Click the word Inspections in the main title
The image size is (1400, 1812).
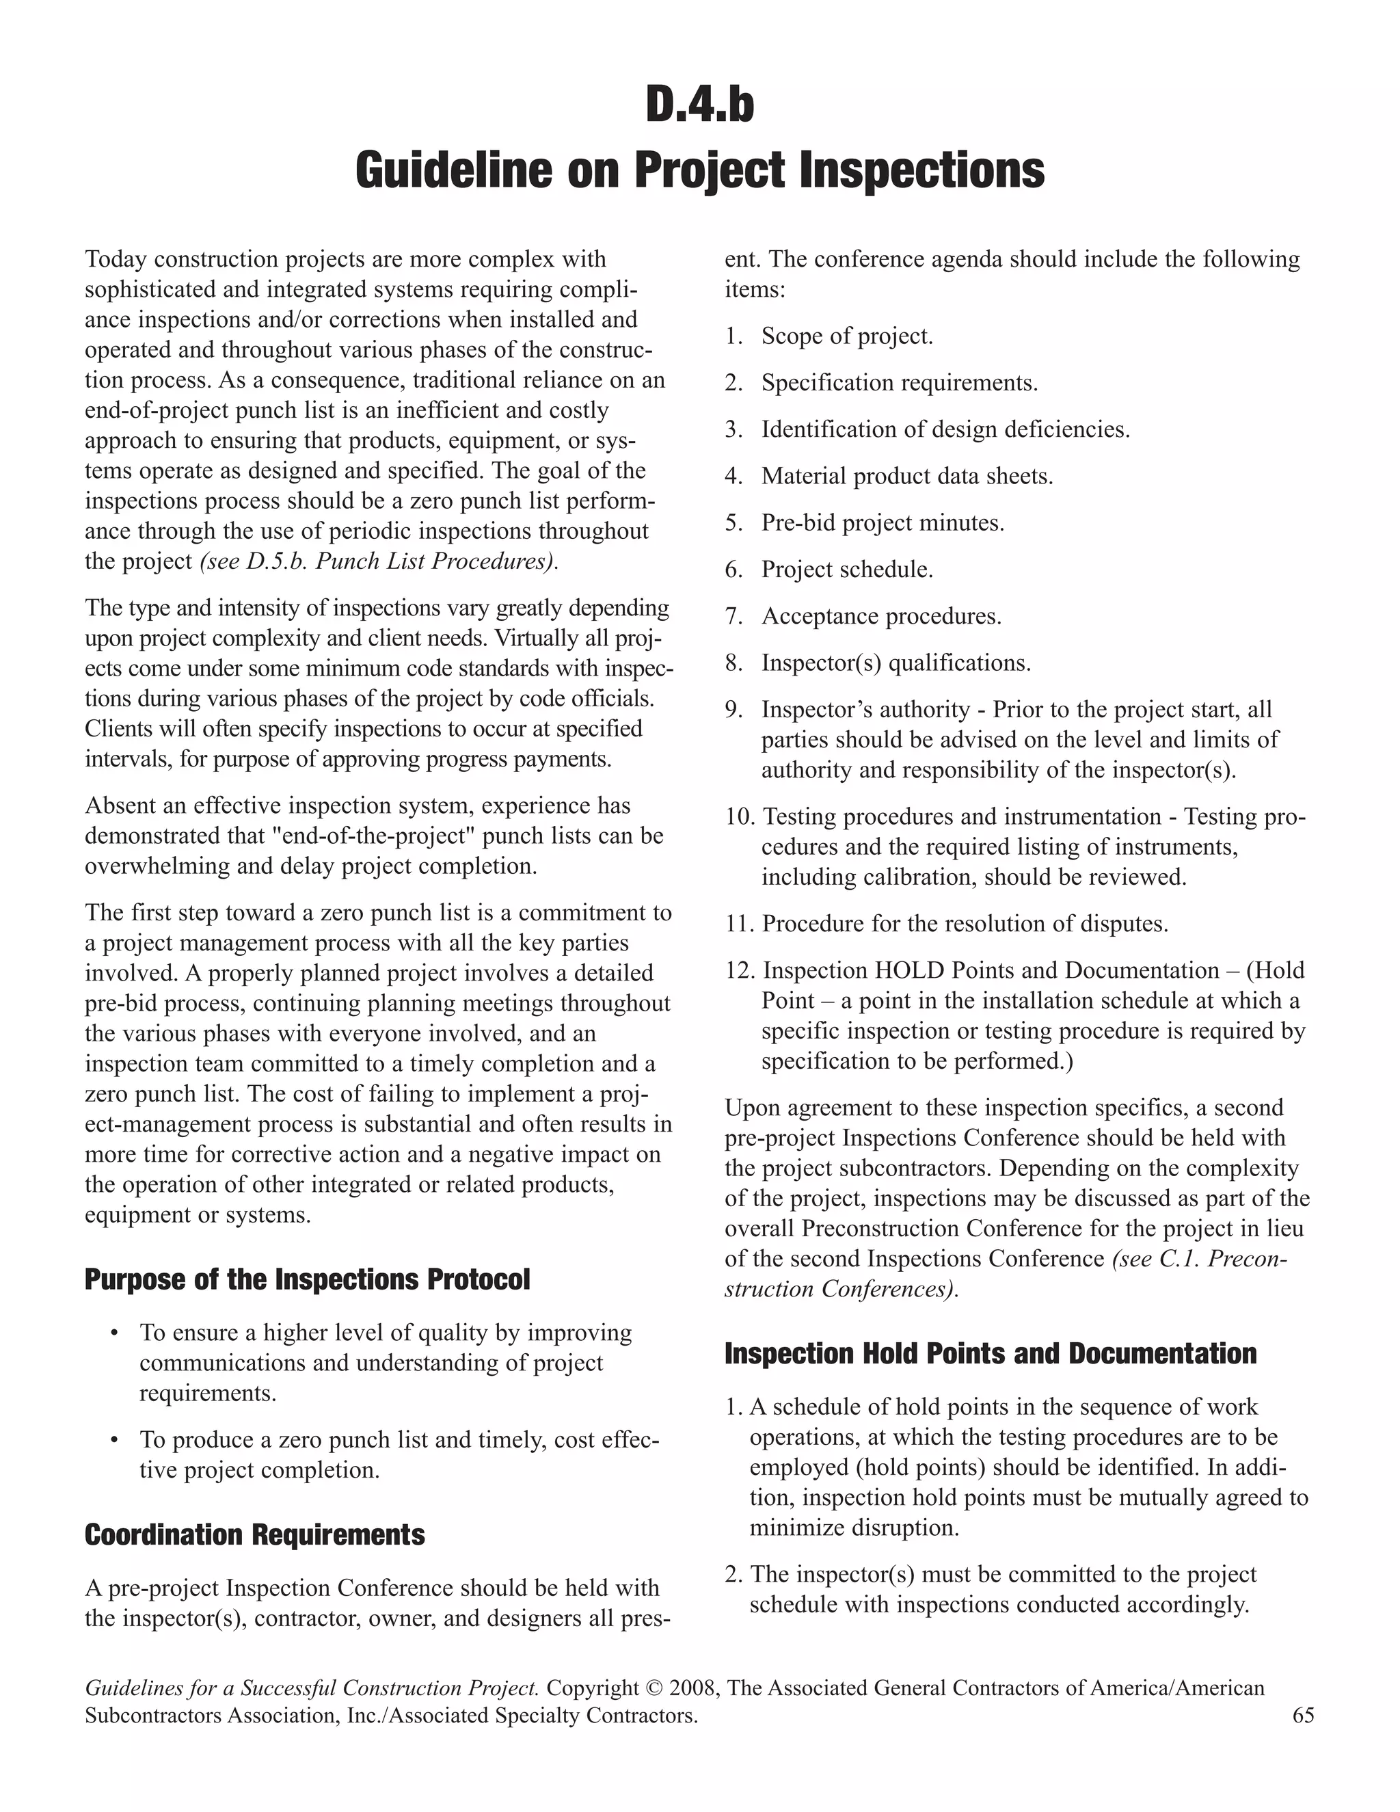pyautogui.click(x=921, y=170)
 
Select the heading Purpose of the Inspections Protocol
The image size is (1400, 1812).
pyautogui.click(x=307, y=1279)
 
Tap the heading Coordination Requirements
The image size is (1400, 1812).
pyautogui.click(x=254, y=1534)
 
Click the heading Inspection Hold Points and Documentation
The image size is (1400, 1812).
pyautogui.click(x=991, y=1353)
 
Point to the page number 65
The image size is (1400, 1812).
pyautogui.click(x=1303, y=1716)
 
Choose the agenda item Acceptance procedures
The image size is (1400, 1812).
pyautogui.click(x=880, y=617)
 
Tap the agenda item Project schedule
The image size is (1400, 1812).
pyautogui.click(x=847, y=570)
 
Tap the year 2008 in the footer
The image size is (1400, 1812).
pyautogui.click(x=692, y=1688)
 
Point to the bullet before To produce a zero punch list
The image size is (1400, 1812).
pyautogui.click(x=114, y=1440)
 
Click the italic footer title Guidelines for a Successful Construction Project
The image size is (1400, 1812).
pyautogui.click(x=312, y=1688)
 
